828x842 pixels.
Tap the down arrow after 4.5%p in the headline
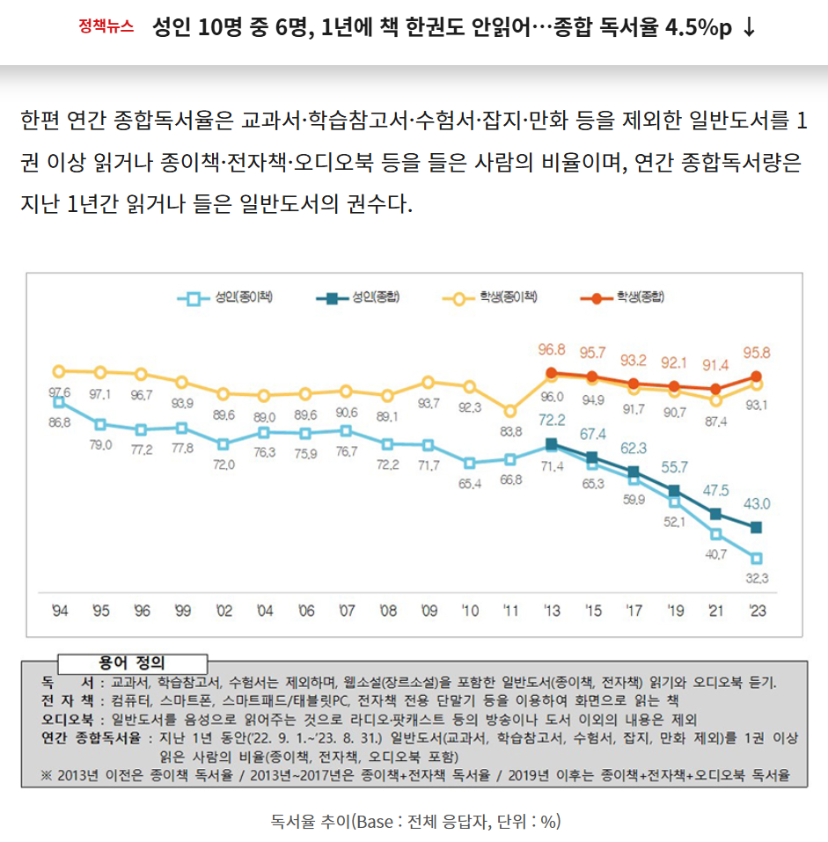[x=749, y=27]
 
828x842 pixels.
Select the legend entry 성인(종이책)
[x=225, y=297]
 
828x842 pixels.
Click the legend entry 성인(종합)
[x=357, y=297]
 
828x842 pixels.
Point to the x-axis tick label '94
[x=59, y=611]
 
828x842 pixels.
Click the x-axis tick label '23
[x=755, y=611]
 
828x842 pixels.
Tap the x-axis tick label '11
[x=509, y=611]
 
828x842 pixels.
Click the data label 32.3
[x=756, y=578]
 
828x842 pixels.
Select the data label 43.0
[x=757, y=504]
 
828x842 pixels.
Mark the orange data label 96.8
[x=551, y=349]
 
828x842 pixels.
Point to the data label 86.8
[x=60, y=422]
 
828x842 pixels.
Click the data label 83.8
[x=510, y=431]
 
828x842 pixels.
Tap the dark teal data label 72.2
[x=551, y=419]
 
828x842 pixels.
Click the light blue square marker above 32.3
[x=756, y=558]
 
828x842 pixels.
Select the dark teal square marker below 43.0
[x=756, y=527]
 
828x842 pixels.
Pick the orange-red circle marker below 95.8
[x=756, y=377]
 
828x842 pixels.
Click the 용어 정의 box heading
[x=132, y=663]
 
